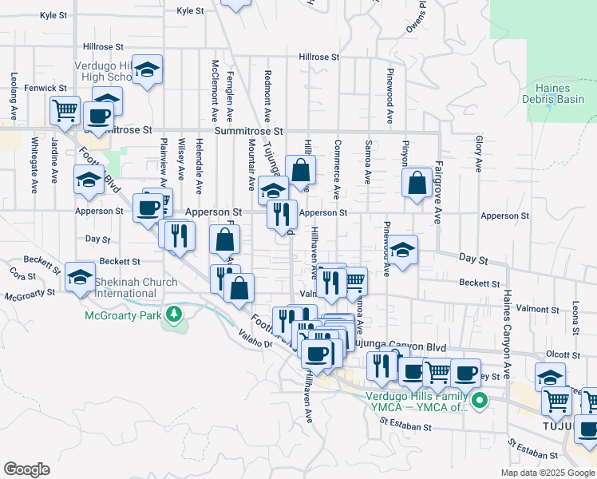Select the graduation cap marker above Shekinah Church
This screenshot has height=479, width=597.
click(x=80, y=276)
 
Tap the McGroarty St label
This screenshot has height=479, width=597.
click(x=30, y=295)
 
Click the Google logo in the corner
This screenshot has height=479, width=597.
click(x=26, y=469)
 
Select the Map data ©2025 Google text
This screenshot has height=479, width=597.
click(x=547, y=473)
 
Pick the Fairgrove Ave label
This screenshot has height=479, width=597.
click(x=438, y=195)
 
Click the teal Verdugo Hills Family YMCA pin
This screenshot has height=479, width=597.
click(x=479, y=399)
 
